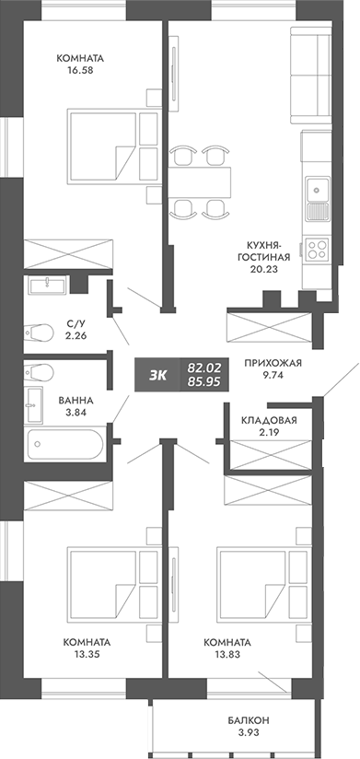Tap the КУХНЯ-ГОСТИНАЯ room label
pos(257,251)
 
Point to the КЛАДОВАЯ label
pos(269,421)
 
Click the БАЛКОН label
pos(249,720)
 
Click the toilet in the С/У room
pos(41,330)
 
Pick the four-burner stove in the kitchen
pos(317,247)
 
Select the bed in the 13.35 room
pos(103,581)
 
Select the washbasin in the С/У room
pos(45,286)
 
